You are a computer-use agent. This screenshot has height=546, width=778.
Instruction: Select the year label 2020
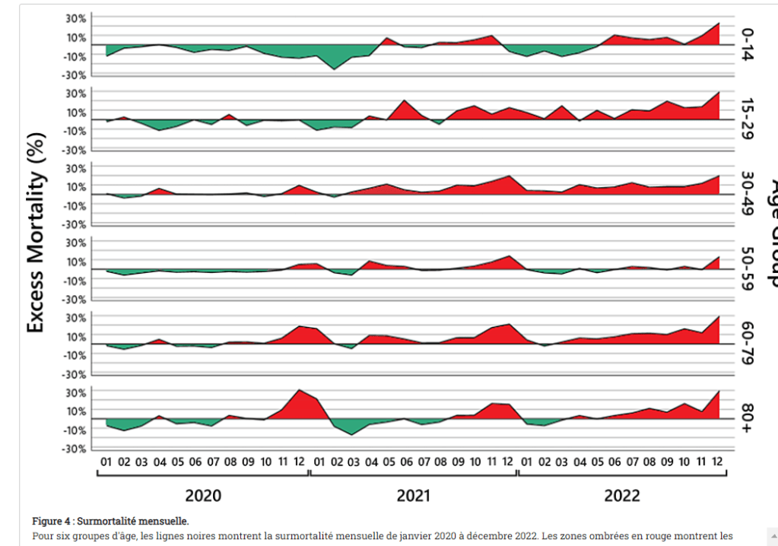[x=203, y=496]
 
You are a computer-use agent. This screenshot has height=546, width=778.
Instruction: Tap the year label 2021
[x=413, y=496]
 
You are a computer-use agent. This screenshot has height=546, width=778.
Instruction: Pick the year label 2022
[x=621, y=496]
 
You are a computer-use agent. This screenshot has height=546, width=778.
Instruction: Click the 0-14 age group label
[x=748, y=45]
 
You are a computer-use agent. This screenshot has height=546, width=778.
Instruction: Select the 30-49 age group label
[x=748, y=194]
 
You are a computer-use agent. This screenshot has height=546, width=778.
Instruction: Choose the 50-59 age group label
[x=748, y=269]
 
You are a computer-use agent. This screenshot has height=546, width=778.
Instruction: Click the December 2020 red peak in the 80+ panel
[x=300, y=391]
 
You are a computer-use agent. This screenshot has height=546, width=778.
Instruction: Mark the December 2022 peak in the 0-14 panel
[x=718, y=24]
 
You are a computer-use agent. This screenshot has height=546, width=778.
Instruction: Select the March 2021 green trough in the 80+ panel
[x=351, y=434]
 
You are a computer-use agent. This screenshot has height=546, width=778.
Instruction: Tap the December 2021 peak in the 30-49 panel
[x=508, y=176]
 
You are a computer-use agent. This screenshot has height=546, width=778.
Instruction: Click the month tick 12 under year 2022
[x=718, y=461]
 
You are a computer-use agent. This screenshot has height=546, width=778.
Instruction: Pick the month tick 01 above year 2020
[x=106, y=461]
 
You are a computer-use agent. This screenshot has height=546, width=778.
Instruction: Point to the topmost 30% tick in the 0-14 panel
[x=77, y=17]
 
